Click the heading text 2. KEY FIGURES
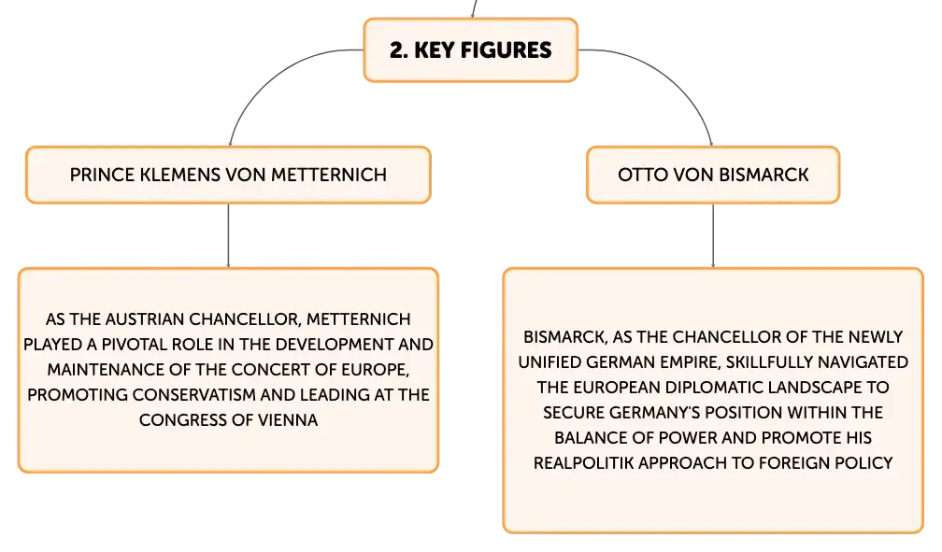click(470, 50)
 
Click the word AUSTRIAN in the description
click(145, 318)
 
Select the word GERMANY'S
click(654, 413)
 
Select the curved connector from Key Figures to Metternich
click(270, 72)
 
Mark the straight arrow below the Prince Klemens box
click(228, 235)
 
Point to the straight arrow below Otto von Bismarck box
click(713, 235)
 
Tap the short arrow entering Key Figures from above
click(475, 8)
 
